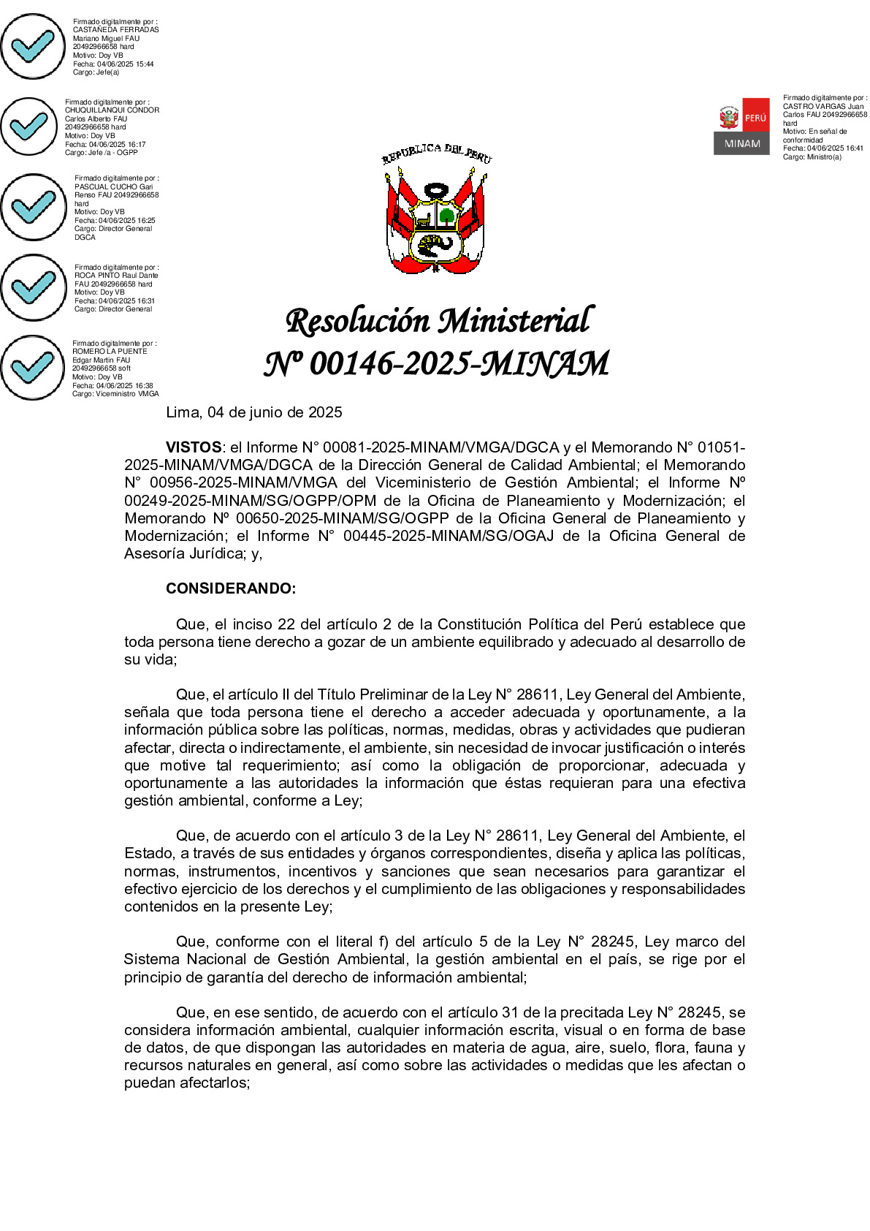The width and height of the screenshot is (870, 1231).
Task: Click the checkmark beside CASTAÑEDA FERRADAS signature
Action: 33,46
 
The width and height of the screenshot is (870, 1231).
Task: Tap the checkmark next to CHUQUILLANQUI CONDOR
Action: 29,126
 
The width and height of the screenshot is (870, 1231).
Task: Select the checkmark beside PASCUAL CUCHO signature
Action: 34,207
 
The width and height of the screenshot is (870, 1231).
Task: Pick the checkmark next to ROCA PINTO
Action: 34,287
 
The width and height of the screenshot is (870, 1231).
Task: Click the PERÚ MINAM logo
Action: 741,126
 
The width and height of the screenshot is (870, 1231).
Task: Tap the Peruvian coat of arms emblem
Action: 436,211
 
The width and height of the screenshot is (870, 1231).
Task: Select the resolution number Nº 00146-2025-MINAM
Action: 436,363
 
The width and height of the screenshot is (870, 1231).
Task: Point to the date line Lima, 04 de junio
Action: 254,412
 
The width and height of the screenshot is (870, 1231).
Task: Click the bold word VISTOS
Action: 194,447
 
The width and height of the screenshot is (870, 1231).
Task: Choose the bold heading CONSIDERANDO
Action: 231,588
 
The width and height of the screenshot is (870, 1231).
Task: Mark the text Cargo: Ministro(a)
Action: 812,157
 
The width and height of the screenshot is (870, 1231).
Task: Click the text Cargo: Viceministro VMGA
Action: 115,394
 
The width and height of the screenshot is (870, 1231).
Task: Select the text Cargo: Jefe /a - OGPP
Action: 101,153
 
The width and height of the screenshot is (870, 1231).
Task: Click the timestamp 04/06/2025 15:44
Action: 125,64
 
